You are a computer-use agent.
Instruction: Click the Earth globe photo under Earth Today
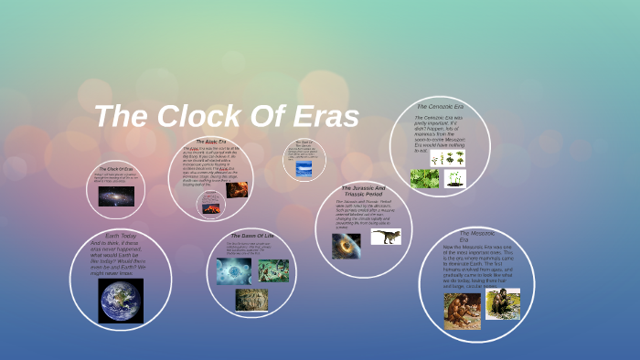point(120,301)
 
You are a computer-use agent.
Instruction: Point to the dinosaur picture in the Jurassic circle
point(385,237)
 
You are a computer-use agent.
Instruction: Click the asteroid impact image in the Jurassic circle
point(346,245)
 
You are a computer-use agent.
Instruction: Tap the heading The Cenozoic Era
point(441,107)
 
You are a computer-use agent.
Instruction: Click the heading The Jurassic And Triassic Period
point(363,191)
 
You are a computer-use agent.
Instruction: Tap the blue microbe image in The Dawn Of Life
point(233,270)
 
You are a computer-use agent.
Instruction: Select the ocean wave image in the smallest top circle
point(304,167)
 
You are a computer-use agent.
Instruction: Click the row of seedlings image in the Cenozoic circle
point(448,158)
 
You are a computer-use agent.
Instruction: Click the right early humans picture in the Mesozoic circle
point(502,303)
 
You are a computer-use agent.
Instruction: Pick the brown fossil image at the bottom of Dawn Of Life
point(251,299)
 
